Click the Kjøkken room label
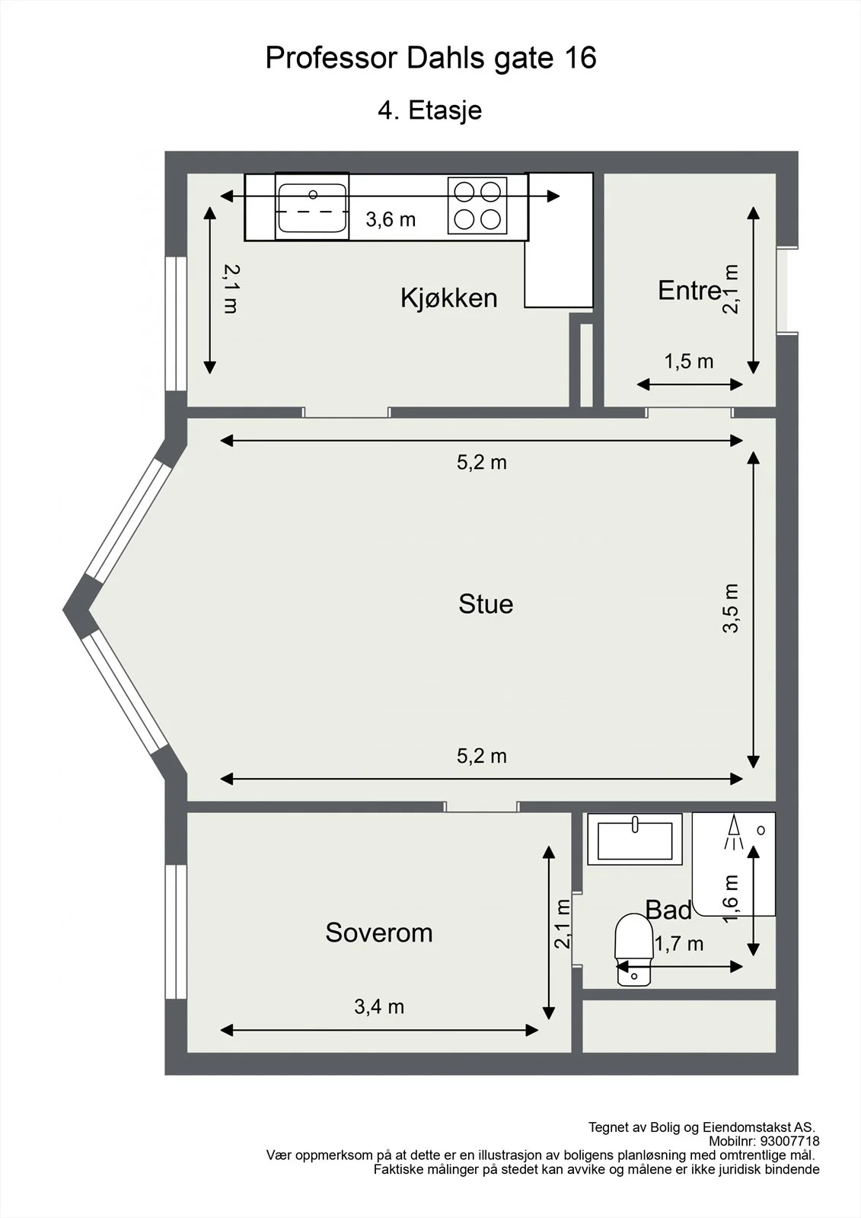pyautogui.click(x=448, y=298)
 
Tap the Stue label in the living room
pyautogui.click(x=486, y=604)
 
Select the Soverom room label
pyautogui.click(x=379, y=933)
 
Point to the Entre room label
pyautogui.click(x=690, y=290)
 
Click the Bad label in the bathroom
pyautogui.click(x=668, y=910)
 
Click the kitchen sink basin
pyautogui.click(x=312, y=207)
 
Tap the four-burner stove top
pyautogui.click(x=477, y=206)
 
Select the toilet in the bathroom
pyautogui.click(x=633, y=949)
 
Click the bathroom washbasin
pyautogui.click(x=635, y=840)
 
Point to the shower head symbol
pyautogui.click(x=734, y=832)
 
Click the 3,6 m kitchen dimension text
pyautogui.click(x=391, y=220)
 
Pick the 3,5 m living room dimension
pyautogui.click(x=731, y=608)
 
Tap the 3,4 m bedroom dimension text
pyautogui.click(x=379, y=1007)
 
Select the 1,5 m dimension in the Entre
pyautogui.click(x=689, y=361)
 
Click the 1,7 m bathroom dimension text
pyautogui.click(x=679, y=944)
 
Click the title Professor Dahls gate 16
pyautogui.click(x=431, y=58)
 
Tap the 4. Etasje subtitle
pyautogui.click(x=429, y=110)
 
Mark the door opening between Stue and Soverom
pyautogui.click(x=481, y=806)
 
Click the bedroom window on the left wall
pyautogui.click(x=176, y=932)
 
